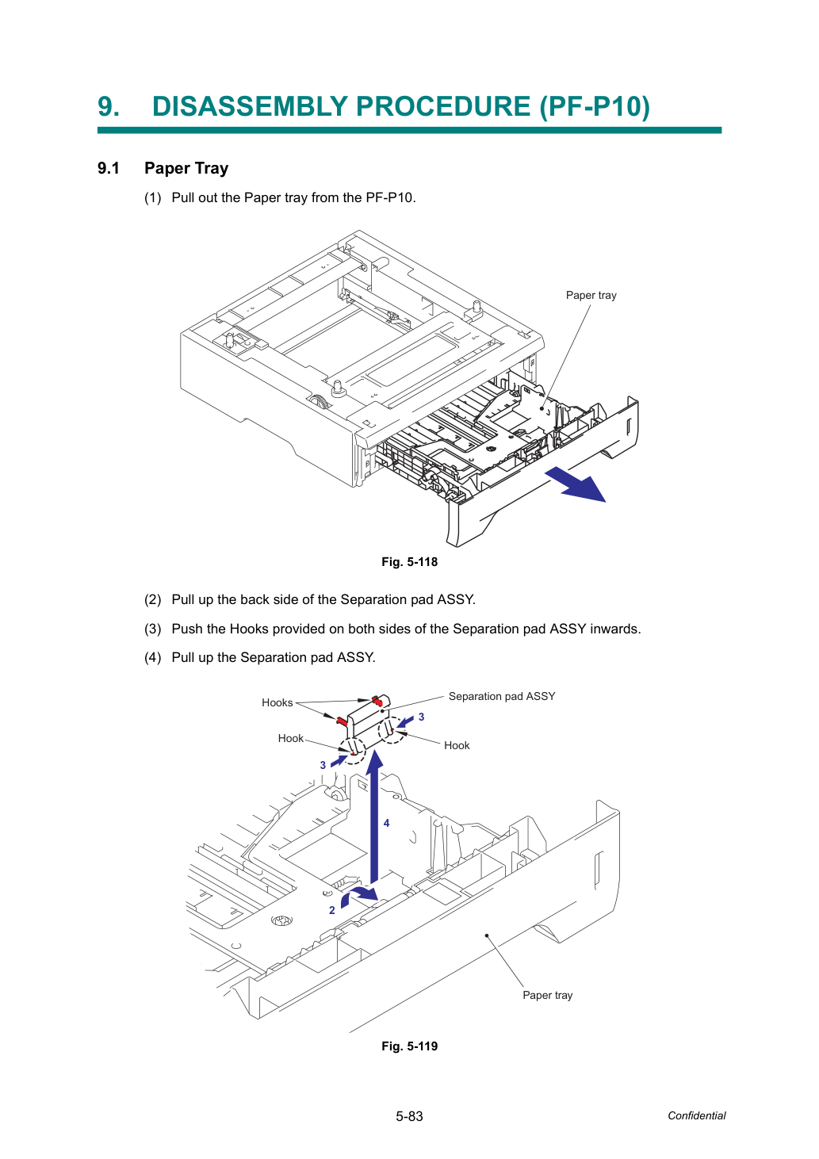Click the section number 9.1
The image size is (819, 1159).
coord(109,168)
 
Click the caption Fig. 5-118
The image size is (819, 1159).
coord(409,562)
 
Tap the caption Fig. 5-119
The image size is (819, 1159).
coord(409,1046)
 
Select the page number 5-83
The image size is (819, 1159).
coord(409,1116)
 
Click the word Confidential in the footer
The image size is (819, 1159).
coord(696,1115)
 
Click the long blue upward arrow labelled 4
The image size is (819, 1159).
coord(374,817)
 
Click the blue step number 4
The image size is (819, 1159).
coord(386,823)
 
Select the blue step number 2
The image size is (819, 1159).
coord(332,910)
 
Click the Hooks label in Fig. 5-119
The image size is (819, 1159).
coord(277,702)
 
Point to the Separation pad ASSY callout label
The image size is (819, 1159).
coord(502,697)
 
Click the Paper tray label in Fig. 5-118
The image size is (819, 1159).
coord(591,295)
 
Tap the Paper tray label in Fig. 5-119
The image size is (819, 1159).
coord(547,995)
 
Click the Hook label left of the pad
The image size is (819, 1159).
coord(291,738)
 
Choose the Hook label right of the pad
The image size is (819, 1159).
coord(457,746)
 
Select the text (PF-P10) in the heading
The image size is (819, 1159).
coord(595,107)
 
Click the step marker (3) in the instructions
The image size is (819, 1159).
coord(153,629)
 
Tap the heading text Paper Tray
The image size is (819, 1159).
coord(186,169)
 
